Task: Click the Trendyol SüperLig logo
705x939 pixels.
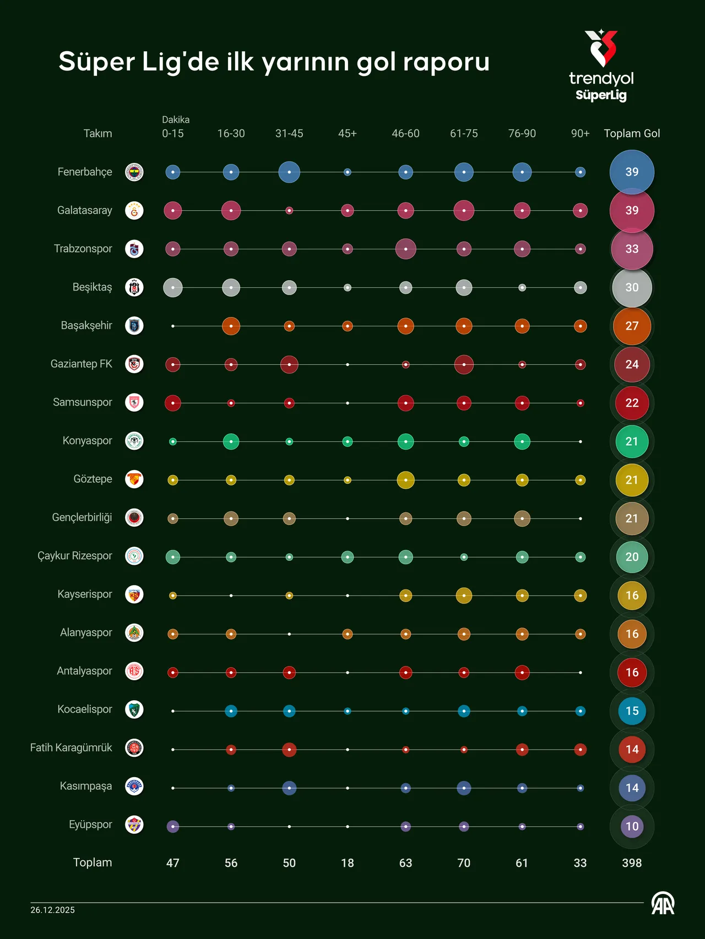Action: [x=601, y=66]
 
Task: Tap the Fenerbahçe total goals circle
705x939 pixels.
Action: [x=632, y=172]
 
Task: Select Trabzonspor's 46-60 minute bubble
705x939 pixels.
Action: [x=405, y=249]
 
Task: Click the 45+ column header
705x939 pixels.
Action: [x=347, y=134]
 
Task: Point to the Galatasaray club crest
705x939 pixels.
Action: [x=134, y=210]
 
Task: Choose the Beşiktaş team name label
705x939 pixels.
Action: [x=92, y=287]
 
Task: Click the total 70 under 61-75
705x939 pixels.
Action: [x=464, y=862]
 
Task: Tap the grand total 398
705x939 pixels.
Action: [x=632, y=862]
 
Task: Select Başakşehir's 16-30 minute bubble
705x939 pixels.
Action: [x=231, y=326]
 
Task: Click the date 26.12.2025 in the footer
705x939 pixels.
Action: [x=52, y=910]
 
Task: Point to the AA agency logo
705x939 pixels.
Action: [x=663, y=904]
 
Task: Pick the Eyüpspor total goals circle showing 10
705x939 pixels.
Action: [x=632, y=826]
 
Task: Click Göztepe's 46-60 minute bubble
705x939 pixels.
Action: [x=405, y=480]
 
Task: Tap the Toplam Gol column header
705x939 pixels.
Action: [x=632, y=134]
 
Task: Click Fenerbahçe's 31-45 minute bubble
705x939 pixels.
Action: [x=289, y=172]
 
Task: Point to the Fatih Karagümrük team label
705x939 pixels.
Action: [x=71, y=748]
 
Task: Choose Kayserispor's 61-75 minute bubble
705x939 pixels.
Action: [x=464, y=596]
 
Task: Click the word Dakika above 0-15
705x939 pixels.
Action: [x=176, y=119]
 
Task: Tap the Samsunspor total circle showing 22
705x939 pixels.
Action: [x=632, y=403]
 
